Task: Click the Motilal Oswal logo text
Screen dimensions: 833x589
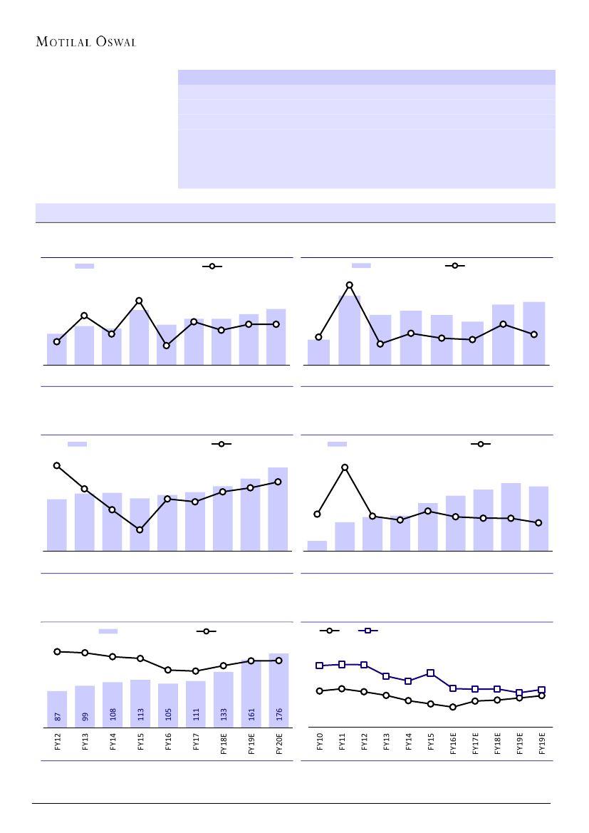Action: click(86, 41)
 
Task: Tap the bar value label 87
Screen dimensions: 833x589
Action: click(58, 715)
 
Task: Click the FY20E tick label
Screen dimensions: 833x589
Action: click(279, 743)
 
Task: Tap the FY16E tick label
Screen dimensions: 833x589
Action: click(453, 742)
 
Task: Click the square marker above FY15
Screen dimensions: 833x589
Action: click(431, 673)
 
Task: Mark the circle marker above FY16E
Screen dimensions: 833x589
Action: click(453, 707)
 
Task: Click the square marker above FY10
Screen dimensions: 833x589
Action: click(320, 666)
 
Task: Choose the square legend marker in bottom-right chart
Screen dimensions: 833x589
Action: click(368, 631)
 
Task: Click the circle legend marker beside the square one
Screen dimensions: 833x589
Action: click(329, 631)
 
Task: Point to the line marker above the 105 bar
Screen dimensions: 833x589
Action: click(168, 670)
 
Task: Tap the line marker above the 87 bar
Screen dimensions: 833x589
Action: click(57, 651)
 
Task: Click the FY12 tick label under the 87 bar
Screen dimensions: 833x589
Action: click(58, 741)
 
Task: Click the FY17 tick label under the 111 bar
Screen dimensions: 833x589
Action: click(196, 741)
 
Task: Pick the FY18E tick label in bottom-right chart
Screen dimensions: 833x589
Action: click(497, 742)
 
